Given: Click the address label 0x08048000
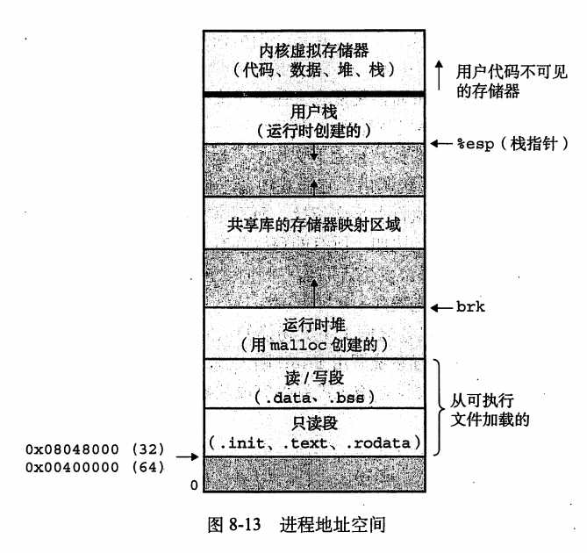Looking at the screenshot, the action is point(72,449).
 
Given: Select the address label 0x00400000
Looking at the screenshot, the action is point(72,467).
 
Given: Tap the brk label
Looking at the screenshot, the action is point(470,307).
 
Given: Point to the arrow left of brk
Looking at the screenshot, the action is point(441,308).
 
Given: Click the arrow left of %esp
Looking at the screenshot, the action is point(441,143).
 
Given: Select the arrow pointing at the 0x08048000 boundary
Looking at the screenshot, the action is point(188,456).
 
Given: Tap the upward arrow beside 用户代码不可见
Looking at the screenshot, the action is point(439,75).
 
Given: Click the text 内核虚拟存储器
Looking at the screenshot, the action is point(314,51).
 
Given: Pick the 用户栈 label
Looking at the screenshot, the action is point(314,111).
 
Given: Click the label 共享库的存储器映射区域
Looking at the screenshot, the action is point(314,225).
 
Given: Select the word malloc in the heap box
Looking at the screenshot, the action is point(298,345).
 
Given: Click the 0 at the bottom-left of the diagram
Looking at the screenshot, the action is point(194,485).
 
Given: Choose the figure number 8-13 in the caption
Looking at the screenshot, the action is point(245,524).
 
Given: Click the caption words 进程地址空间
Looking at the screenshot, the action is point(333,524).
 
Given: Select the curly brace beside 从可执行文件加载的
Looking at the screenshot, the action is point(440,407).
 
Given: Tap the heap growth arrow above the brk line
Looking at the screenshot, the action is point(314,293).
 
